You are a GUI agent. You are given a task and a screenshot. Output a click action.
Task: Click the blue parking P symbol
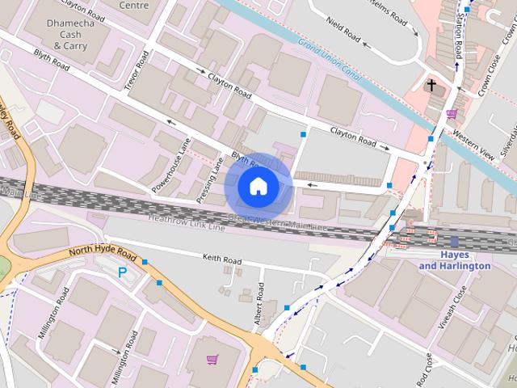122,273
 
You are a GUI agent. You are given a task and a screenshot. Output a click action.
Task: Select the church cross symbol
431,85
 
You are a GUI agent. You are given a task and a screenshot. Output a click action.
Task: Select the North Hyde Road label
95,251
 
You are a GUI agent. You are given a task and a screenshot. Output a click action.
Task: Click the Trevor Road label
135,71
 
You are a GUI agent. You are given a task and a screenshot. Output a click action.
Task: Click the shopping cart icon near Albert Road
212,360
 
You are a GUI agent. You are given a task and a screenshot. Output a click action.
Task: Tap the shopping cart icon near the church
452,113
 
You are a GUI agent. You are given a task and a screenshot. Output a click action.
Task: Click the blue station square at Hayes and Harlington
455,241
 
